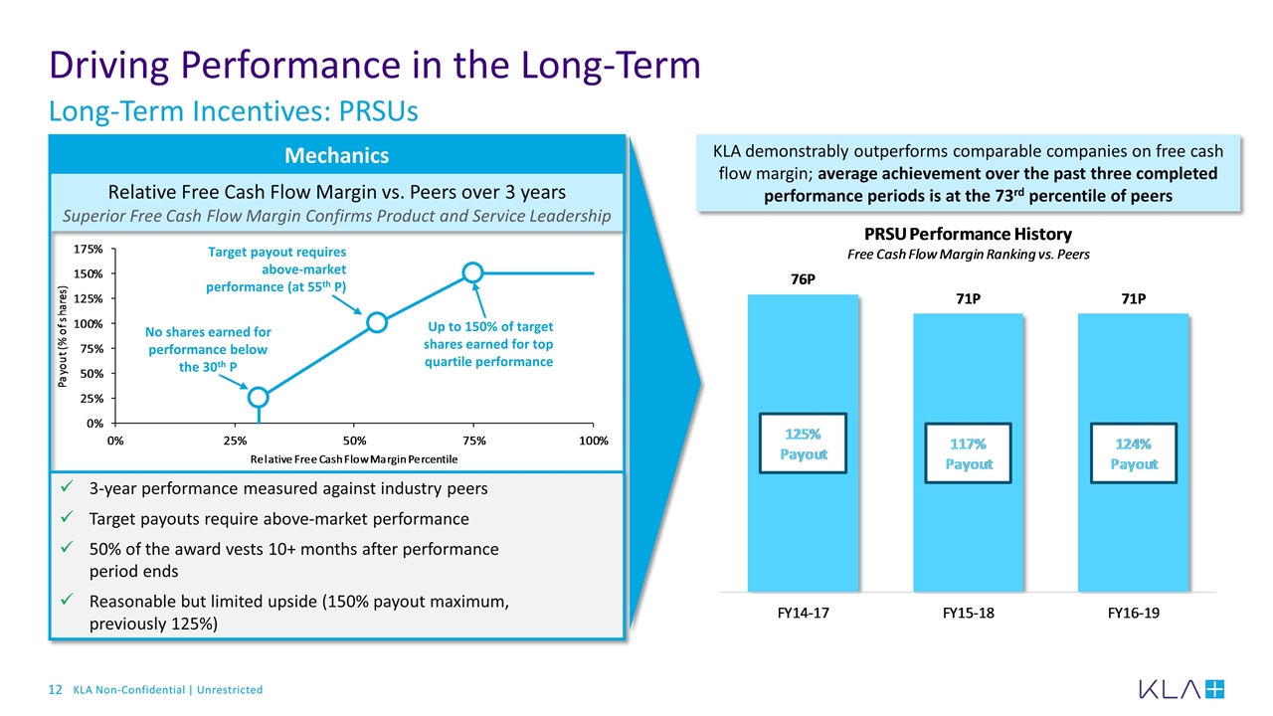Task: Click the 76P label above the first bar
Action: (x=803, y=279)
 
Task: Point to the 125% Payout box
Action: (x=803, y=443)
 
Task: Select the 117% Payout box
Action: (x=968, y=453)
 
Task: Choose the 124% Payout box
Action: (x=1134, y=453)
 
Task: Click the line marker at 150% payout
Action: (x=472, y=272)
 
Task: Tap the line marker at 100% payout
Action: (x=376, y=322)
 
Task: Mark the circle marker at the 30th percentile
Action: (x=259, y=397)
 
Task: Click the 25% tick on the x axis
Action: (x=234, y=440)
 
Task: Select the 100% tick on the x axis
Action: (x=594, y=440)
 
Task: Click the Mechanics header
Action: (x=337, y=156)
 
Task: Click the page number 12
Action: (x=56, y=689)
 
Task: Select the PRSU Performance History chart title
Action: (x=968, y=235)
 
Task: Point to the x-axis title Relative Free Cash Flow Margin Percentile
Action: (x=354, y=458)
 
